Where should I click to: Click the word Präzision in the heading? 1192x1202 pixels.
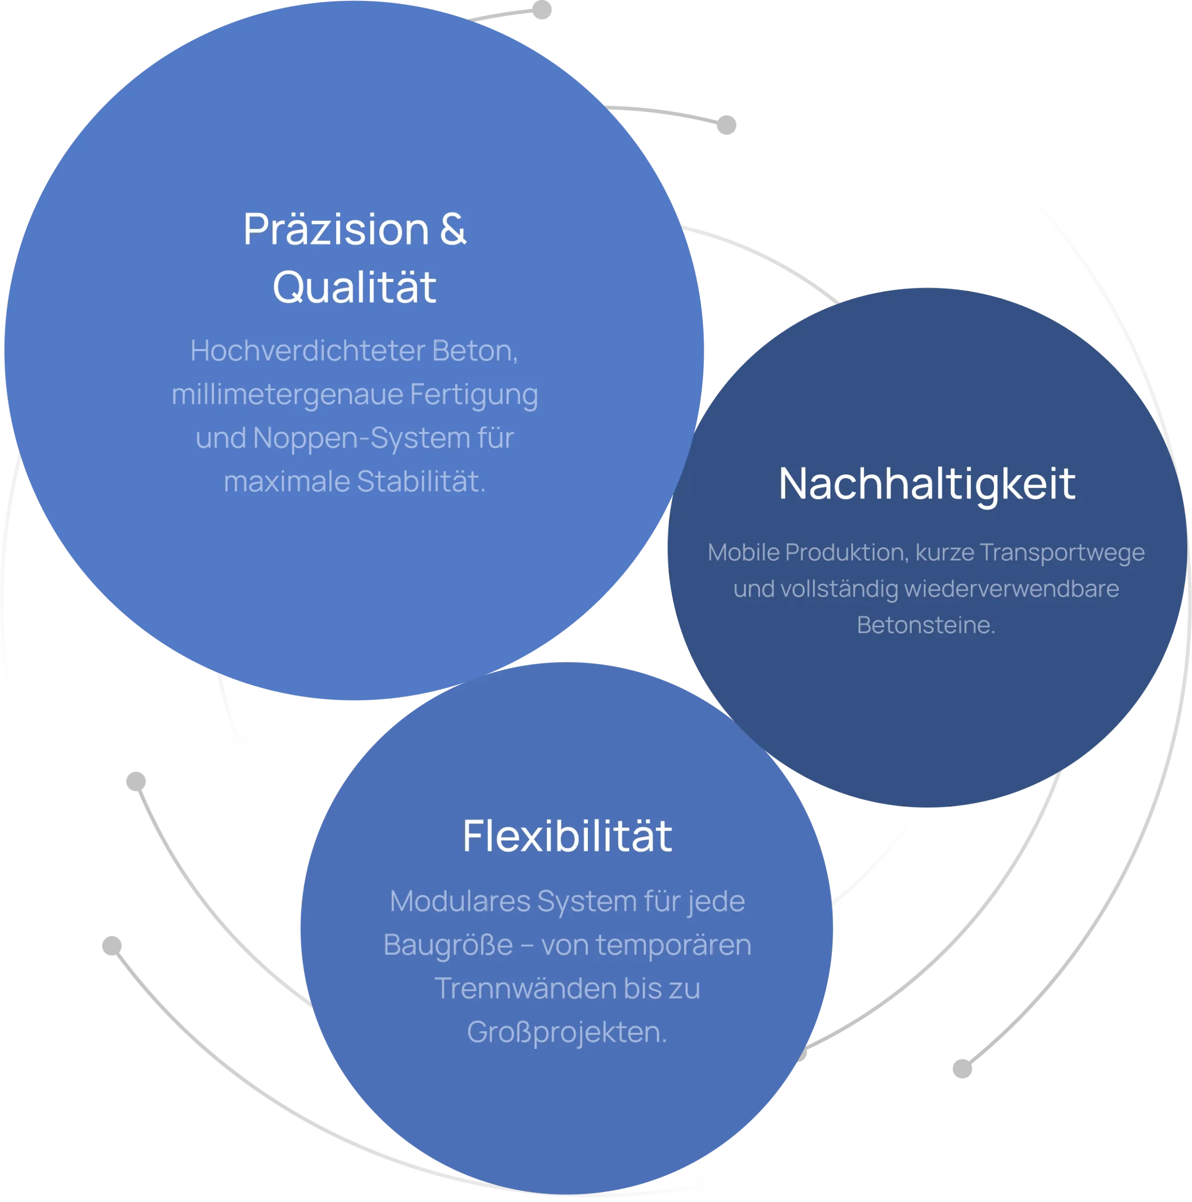click(x=336, y=230)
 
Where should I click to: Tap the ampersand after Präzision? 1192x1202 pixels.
click(x=453, y=229)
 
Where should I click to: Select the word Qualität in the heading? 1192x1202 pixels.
click(x=354, y=287)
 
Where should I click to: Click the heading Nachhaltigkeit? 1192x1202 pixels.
click(x=927, y=484)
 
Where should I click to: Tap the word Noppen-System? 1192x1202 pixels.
click(x=361, y=438)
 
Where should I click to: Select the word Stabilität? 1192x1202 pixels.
click(x=421, y=482)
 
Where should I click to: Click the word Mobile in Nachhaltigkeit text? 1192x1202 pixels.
click(x=744, y=553)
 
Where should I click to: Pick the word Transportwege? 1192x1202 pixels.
click(x=1062, y=553)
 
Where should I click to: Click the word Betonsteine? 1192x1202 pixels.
click(x=926, y=624)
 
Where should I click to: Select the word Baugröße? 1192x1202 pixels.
click(x=448, y=945)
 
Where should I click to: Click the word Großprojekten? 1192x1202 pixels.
click(x=567, y=1032)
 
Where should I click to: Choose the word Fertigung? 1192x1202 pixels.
click(x=474, y=394)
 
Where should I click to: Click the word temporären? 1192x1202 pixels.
click(x=673, y=945)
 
